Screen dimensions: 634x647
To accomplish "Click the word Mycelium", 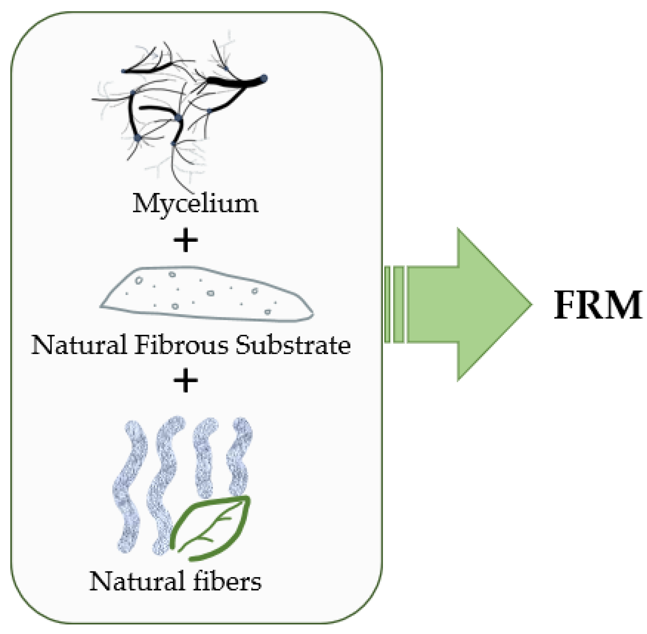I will (x=195, y=203).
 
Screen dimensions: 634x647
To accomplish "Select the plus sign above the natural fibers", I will (x=186, y=381).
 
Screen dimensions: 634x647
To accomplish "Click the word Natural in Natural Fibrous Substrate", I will (x=79, y=345).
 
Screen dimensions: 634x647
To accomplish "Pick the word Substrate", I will (x=293, y=345).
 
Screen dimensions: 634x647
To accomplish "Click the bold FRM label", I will (x=597, y=306).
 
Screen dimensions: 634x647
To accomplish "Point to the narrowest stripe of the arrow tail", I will (x=387, y=304).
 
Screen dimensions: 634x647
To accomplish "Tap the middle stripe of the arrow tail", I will (x=399, y=304).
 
